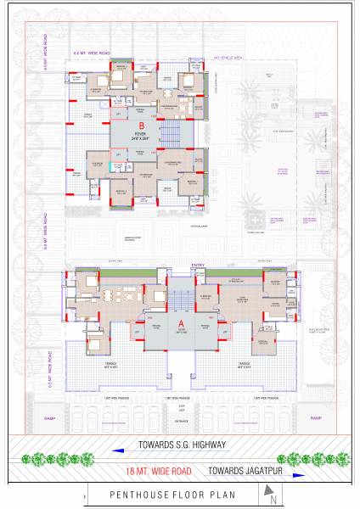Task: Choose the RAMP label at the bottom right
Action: coord(315,418)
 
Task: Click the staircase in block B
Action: coord(171,132)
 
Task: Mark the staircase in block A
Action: coord(181,299)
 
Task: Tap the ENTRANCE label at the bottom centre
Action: coord(180,420)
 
